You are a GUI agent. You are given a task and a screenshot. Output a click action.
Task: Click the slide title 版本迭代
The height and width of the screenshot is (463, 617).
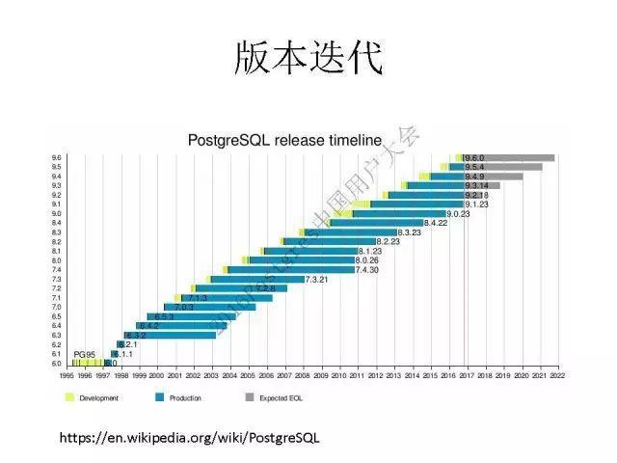coord(308,58)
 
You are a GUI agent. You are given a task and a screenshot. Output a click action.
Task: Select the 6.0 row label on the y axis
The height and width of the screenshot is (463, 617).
coord(56,363)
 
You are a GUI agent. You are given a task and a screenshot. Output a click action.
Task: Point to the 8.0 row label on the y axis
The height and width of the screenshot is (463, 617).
coord(56,260)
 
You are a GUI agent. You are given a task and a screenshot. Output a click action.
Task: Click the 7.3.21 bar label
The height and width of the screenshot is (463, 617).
coord(317,279)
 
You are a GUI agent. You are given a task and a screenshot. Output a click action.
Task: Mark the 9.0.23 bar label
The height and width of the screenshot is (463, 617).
coord(458,213)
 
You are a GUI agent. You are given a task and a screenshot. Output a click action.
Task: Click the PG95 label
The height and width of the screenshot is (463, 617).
coord(85,354)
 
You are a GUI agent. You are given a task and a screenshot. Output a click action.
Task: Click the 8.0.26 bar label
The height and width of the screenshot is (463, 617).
coord(366,260)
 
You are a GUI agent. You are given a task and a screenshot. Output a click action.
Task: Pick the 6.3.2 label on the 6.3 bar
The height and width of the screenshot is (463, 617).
coord(135,335)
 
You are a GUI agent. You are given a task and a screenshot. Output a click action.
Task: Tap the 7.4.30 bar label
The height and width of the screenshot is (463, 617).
coord(366,270)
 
